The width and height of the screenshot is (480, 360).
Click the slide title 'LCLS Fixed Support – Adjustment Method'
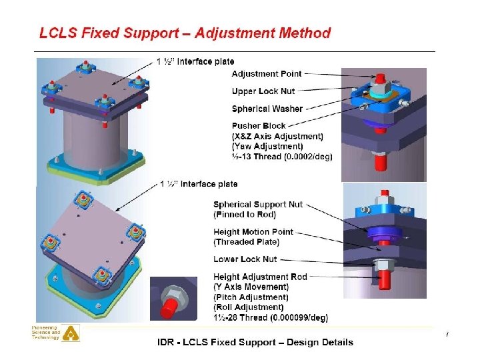pyautogui.click(x=185, y=33)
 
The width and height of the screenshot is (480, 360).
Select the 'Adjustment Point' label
pyautogui.click(x=267, y=74)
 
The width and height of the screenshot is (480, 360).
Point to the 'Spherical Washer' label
pyautogui.click(x=267, y=109)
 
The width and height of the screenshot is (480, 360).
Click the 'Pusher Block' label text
pyautogui.click(x=259, y=126)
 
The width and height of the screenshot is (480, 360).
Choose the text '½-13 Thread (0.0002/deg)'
pyautogui.click(x=282, y=157)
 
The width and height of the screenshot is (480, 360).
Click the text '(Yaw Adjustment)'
pyautogui.click(x=267, y=147)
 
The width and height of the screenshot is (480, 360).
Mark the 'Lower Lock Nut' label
pyautogui.click(x=245, y=259)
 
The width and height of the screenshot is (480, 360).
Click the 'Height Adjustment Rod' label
pyautogui.click(x=260, y=277)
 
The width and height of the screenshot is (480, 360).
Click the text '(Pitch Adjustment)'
pyautogui.click(x=251, y=297)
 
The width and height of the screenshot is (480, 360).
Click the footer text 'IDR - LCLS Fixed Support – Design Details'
pyautogui.click(x=255, y=343)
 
